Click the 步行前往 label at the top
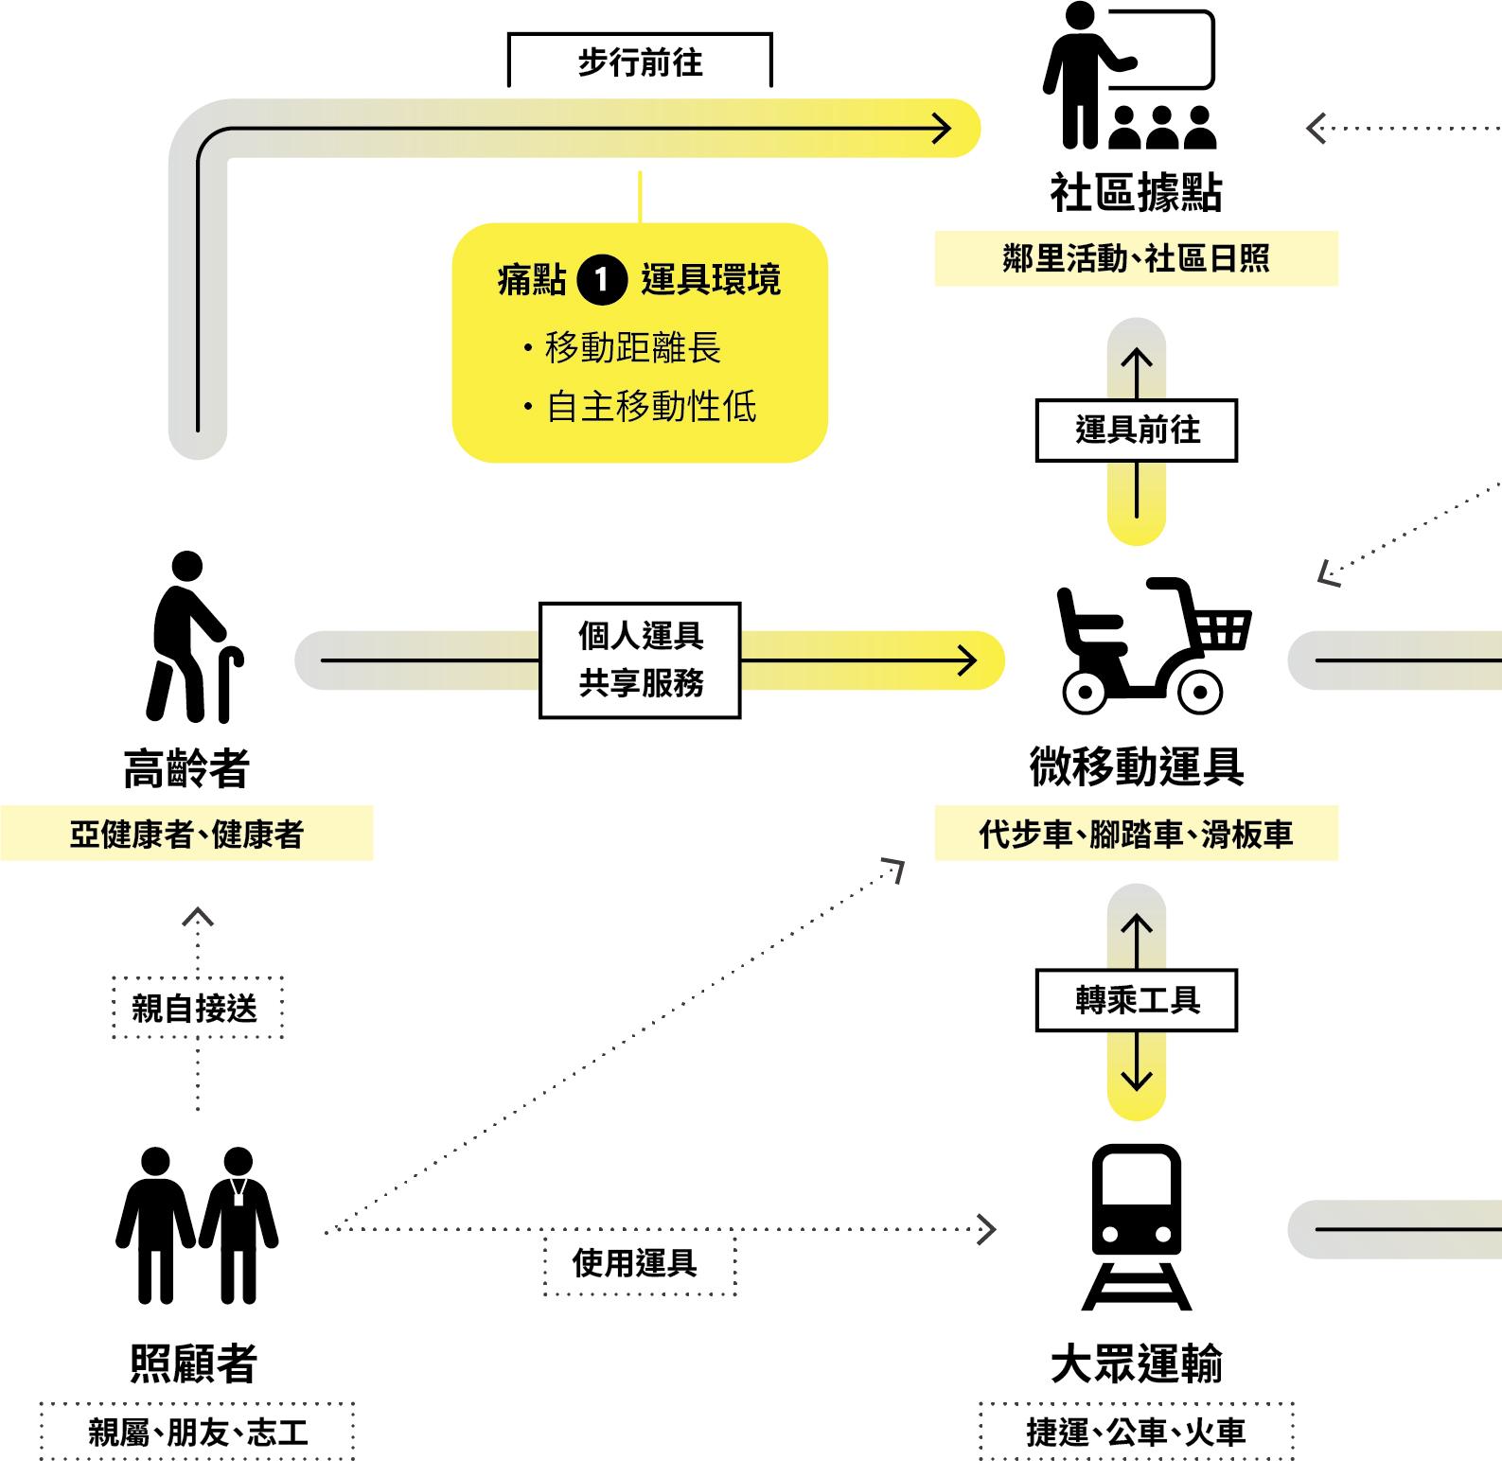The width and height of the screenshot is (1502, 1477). pyautogui.click(x=640, y=62)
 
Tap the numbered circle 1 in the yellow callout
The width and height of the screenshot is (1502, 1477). pyautogui.click(x=602, y=280)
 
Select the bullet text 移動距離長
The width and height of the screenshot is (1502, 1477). pyautogui.click(x=632, y=348)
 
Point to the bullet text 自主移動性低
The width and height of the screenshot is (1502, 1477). pyautogui.click(x=651, y=407)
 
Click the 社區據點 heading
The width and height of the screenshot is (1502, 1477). pyautogui.click(x=1136, y=192)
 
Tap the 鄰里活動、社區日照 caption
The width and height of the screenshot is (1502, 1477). pyautogui.click(x=1136, y=258)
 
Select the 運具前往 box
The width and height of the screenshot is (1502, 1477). pyautogui.click(x=1136, y=431)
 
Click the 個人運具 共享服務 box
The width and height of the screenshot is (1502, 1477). pyautogui.click(x=640, y=659)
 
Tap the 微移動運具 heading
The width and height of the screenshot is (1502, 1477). pyautogui.click(x=1136, y=766)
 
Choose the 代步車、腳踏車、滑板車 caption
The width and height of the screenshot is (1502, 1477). pyautogui.click(x=1136, y=834)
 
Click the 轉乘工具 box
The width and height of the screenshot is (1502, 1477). pyautogui.click(x=1136, y=1000)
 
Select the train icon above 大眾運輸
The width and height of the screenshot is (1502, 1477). pyautogui.click(x=1136, y=1226)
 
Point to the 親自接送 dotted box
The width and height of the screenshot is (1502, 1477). pyautogui.click(x=197, y=1008)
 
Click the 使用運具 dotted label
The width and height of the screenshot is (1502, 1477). pyautogui.click(x=640, y=1263)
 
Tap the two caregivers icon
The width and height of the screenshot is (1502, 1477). pyautogui.click(x=197, y=1225)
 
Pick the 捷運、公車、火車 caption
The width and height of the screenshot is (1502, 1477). pyautogui.click(x=1136, y=1432)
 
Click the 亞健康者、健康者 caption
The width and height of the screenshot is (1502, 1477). pyautogui.click(x=186, y=834)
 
